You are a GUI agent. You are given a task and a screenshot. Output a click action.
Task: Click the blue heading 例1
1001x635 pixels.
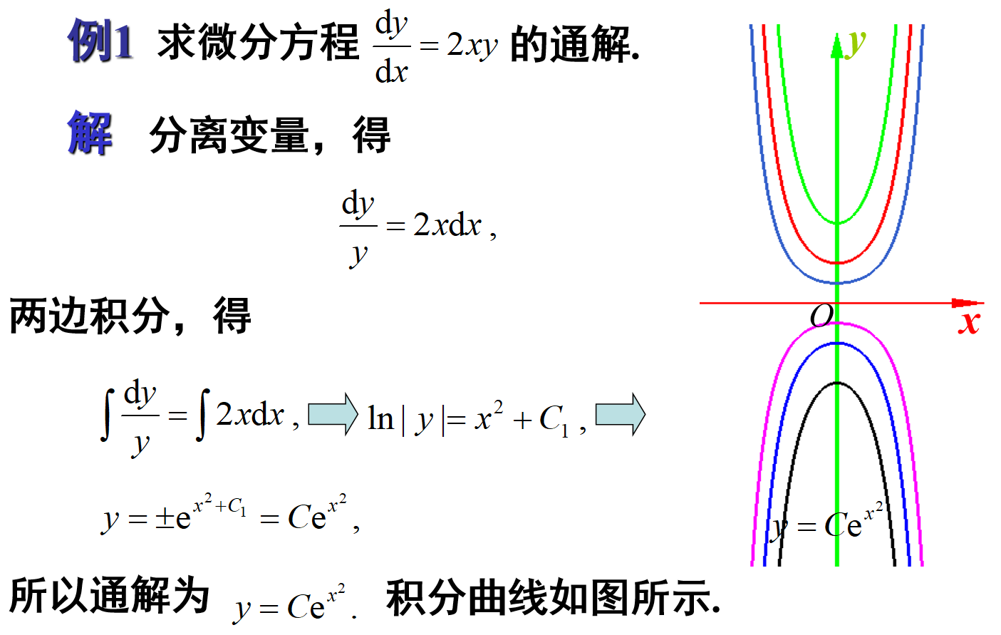click(x=100, y=41)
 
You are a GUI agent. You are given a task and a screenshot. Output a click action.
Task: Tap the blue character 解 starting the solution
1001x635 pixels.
click(x=90, y=133)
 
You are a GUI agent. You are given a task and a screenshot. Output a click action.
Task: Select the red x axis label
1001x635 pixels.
click(x=969, y=322)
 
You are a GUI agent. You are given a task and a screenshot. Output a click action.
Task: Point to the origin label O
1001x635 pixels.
click(x=821, y=315)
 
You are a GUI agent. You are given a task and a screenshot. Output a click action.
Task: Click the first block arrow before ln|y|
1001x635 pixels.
click(x=333, y=414)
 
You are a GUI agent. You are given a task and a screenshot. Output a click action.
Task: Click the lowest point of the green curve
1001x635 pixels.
click(x=837, y=223)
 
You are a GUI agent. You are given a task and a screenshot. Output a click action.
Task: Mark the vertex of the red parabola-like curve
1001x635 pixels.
click(x=837, y=263)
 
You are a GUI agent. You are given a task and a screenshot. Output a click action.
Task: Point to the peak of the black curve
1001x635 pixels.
click(x=837, y=383)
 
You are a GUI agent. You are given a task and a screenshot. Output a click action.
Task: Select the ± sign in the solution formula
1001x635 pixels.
click(x=165, y=518)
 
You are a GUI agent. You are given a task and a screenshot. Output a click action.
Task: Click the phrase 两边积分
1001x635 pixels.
click(x=89, y=316)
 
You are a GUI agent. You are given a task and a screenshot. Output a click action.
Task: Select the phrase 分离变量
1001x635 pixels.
click(x=228, y=135)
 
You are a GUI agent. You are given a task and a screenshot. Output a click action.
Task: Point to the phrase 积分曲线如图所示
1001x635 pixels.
click(x=552, y=597)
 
